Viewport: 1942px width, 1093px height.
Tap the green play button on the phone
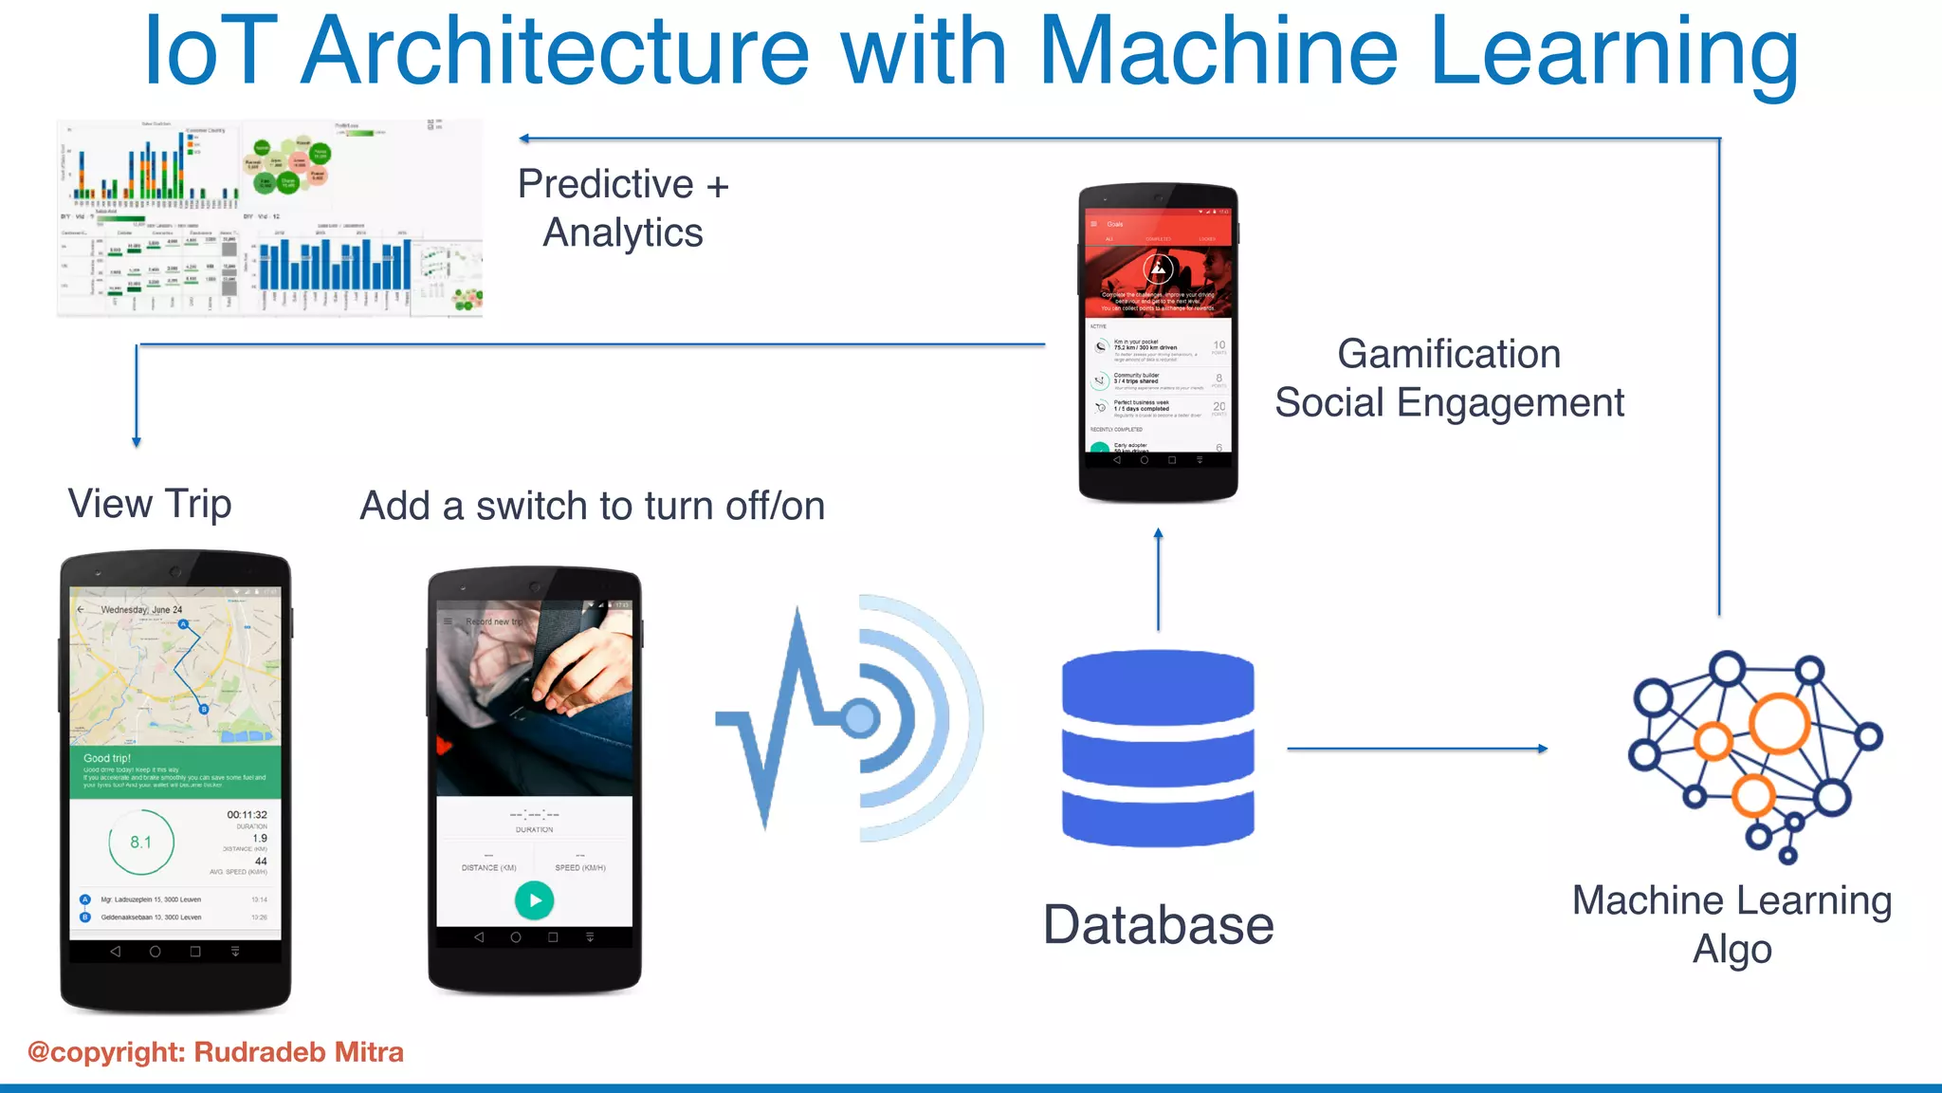534,899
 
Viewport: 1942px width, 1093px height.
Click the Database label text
1158,925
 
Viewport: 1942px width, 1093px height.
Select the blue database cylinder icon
1158,748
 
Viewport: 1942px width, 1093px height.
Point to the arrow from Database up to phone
1158,580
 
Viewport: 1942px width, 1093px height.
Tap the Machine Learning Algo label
1731,923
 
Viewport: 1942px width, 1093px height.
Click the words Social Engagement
1449,403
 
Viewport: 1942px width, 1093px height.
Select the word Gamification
1449,354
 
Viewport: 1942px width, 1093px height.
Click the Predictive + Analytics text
623,209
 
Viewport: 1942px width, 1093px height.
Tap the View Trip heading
150,504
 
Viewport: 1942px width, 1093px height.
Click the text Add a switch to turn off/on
592,506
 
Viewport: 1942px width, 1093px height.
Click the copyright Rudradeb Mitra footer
216,1052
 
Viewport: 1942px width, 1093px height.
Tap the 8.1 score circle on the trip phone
141,842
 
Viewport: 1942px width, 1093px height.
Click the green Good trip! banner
175,771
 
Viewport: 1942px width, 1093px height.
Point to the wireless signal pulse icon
849,718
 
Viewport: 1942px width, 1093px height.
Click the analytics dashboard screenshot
270,218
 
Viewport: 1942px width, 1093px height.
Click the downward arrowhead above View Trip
137,441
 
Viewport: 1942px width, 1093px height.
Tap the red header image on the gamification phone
1158,279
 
